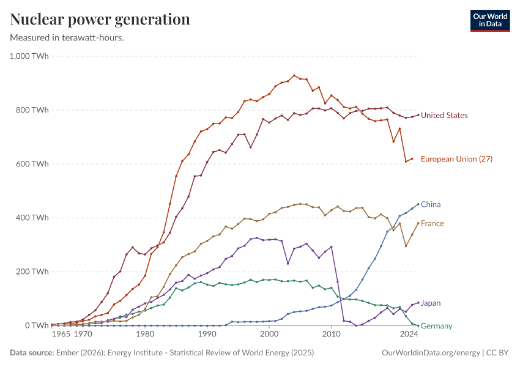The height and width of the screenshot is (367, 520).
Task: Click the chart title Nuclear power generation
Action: click(x=100, y=20)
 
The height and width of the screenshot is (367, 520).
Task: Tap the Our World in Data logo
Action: click(x=490, y=20)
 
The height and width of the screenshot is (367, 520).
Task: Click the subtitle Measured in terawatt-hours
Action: click(x=67, y=38)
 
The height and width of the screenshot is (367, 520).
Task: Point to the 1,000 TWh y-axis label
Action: click(x=29, y=56)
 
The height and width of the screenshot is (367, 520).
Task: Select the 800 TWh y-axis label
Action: click(x=33, y=110)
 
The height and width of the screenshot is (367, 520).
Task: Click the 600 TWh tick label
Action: click(x=33, y=164)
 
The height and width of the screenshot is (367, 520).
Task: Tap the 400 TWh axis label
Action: click(x=33, y=218)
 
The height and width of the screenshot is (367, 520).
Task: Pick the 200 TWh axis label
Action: click(x=33, y=272)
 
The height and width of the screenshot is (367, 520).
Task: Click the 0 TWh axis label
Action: click(x=37, y=325)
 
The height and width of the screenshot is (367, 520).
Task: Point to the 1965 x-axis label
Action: click(x=61, y=335)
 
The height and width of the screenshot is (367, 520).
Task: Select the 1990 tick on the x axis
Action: click(x=207, y=335)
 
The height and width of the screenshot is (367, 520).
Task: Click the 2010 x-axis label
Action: click(x=331, y=335)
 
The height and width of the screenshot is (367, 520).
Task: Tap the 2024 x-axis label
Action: click(x=409, y=335)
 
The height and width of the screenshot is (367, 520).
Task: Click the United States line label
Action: click(x=444, y=116)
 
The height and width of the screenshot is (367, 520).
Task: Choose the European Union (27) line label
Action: click(x=456, y=159)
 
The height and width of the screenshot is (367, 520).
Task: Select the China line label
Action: click(x=431, y=204)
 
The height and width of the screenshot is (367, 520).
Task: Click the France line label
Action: click(x=433, y=224)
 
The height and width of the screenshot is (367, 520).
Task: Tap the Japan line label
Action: click(x=431, y=303)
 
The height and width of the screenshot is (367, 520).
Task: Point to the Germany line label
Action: click(x=437, y=326)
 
